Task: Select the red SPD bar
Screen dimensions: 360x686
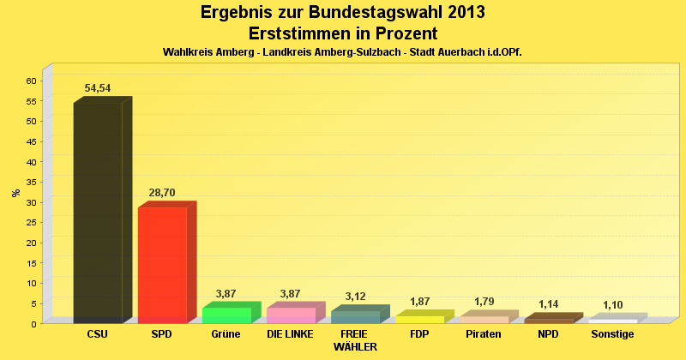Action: coord(162,265)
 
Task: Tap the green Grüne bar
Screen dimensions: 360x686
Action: coord(226,315)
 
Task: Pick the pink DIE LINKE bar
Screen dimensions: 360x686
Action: coord(291,315)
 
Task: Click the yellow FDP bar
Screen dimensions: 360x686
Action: coord(419,319)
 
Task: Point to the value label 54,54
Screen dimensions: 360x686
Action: coord(98,88)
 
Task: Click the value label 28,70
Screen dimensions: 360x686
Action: coord(162,193)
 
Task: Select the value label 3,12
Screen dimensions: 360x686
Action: coord(355,297)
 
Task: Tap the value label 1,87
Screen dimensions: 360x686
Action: coord(419,302)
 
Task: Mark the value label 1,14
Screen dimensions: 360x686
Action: coord(548,304)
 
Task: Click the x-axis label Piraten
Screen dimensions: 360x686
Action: coord(484,334)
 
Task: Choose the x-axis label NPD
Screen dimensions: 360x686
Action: coord(548,334)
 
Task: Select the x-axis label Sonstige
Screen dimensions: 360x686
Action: coord(612,334)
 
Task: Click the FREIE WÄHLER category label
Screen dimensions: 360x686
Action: coord(355,340)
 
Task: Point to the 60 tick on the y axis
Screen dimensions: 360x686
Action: coord(31,81)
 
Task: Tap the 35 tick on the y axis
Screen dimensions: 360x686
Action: coord(31,182)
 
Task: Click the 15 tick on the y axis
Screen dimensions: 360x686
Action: coord(31,262)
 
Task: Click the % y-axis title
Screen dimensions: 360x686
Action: coord(15,193)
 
